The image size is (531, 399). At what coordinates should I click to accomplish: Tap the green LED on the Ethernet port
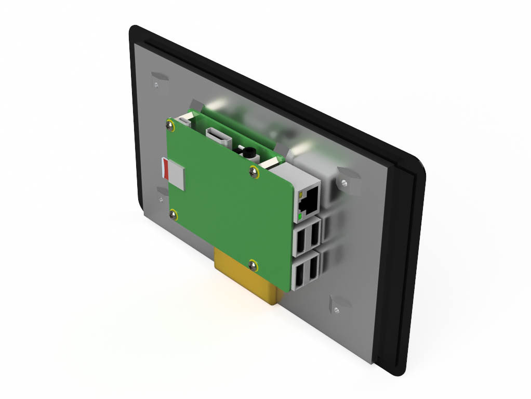pyautogui.click(x=300, y=215)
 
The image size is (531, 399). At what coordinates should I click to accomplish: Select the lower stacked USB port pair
pyautogui.click(x=307, y=273)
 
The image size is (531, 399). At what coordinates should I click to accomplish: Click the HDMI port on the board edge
pyautogui.click(x=218, y=137)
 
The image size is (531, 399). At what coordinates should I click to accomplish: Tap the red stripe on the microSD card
pyautogui.click(x=165, y=169)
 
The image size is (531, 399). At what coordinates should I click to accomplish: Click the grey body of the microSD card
pyautogui.click(x=177, y=174)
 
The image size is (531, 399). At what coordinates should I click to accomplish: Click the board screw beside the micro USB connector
pyautogui.click(x=170, y=124)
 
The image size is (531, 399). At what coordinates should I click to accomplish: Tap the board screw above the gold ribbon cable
pyautogui.click(x=253, y=265)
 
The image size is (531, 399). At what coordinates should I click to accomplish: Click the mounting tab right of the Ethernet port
pyautogui.click(x=346, y=179)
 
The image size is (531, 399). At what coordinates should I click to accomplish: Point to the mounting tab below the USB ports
pyautogui.click(x=338, y=304)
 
